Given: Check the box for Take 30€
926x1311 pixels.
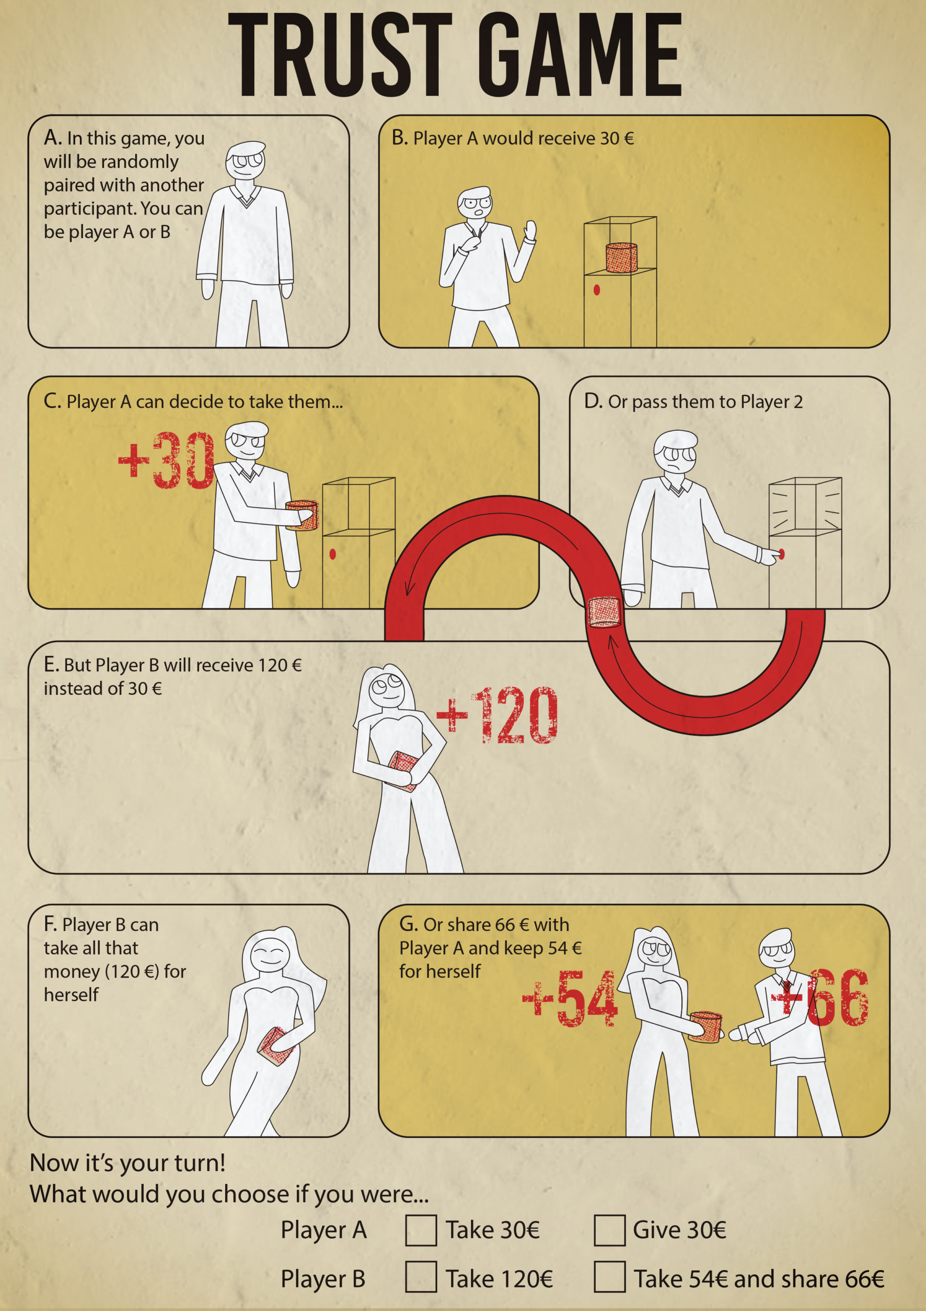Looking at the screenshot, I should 421,1230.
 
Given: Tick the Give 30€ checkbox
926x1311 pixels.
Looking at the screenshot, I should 609,1230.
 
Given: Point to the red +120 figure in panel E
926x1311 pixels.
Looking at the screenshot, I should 497,715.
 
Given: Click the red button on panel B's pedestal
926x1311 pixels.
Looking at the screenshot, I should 596,290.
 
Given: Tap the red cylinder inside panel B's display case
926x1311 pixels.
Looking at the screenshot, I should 621,258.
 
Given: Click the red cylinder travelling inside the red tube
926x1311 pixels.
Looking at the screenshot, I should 604,611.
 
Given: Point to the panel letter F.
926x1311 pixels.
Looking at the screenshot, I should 50,924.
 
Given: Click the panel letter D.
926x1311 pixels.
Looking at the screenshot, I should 592,401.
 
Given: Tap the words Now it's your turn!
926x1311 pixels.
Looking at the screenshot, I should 127,1162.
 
